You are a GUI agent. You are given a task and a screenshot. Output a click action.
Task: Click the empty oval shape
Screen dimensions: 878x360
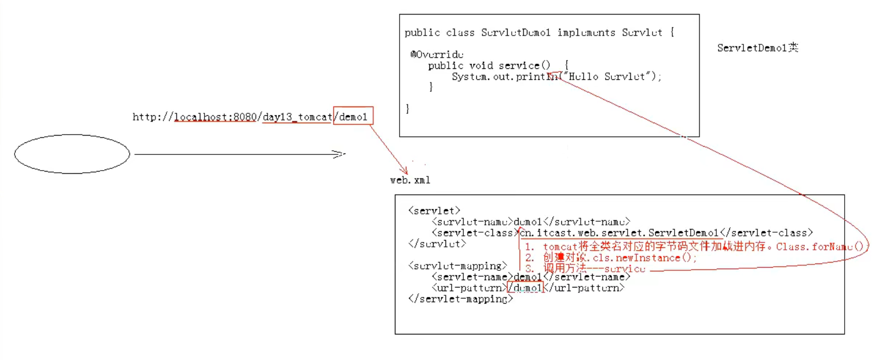72,154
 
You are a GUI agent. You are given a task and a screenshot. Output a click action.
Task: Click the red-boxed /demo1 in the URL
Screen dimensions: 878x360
353,116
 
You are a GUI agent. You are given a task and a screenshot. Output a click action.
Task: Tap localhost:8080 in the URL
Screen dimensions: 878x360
215,117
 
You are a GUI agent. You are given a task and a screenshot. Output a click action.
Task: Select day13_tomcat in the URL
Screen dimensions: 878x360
297,117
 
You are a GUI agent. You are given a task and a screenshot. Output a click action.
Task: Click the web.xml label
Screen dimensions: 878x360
410,180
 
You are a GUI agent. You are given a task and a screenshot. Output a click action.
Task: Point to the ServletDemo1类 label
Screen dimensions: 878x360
757,48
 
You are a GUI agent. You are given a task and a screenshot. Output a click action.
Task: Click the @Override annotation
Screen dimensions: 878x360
437,54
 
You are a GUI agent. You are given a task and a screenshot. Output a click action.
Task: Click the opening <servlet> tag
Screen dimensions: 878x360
434,211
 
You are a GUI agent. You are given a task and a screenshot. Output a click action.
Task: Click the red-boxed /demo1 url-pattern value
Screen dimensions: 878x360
526,287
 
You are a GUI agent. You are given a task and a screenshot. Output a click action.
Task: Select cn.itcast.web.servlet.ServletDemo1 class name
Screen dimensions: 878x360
619,233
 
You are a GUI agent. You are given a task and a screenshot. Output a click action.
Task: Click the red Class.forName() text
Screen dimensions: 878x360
820,247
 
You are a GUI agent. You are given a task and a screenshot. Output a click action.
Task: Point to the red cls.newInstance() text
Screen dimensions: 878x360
644,258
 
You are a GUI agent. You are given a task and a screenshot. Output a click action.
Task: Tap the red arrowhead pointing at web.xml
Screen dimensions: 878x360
404,171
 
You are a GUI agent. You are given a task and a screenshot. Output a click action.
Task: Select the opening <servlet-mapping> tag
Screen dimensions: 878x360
458,266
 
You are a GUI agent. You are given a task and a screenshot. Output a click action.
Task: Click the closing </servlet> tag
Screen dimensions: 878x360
437,244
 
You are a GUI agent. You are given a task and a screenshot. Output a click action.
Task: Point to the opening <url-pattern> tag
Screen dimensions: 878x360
469,287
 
